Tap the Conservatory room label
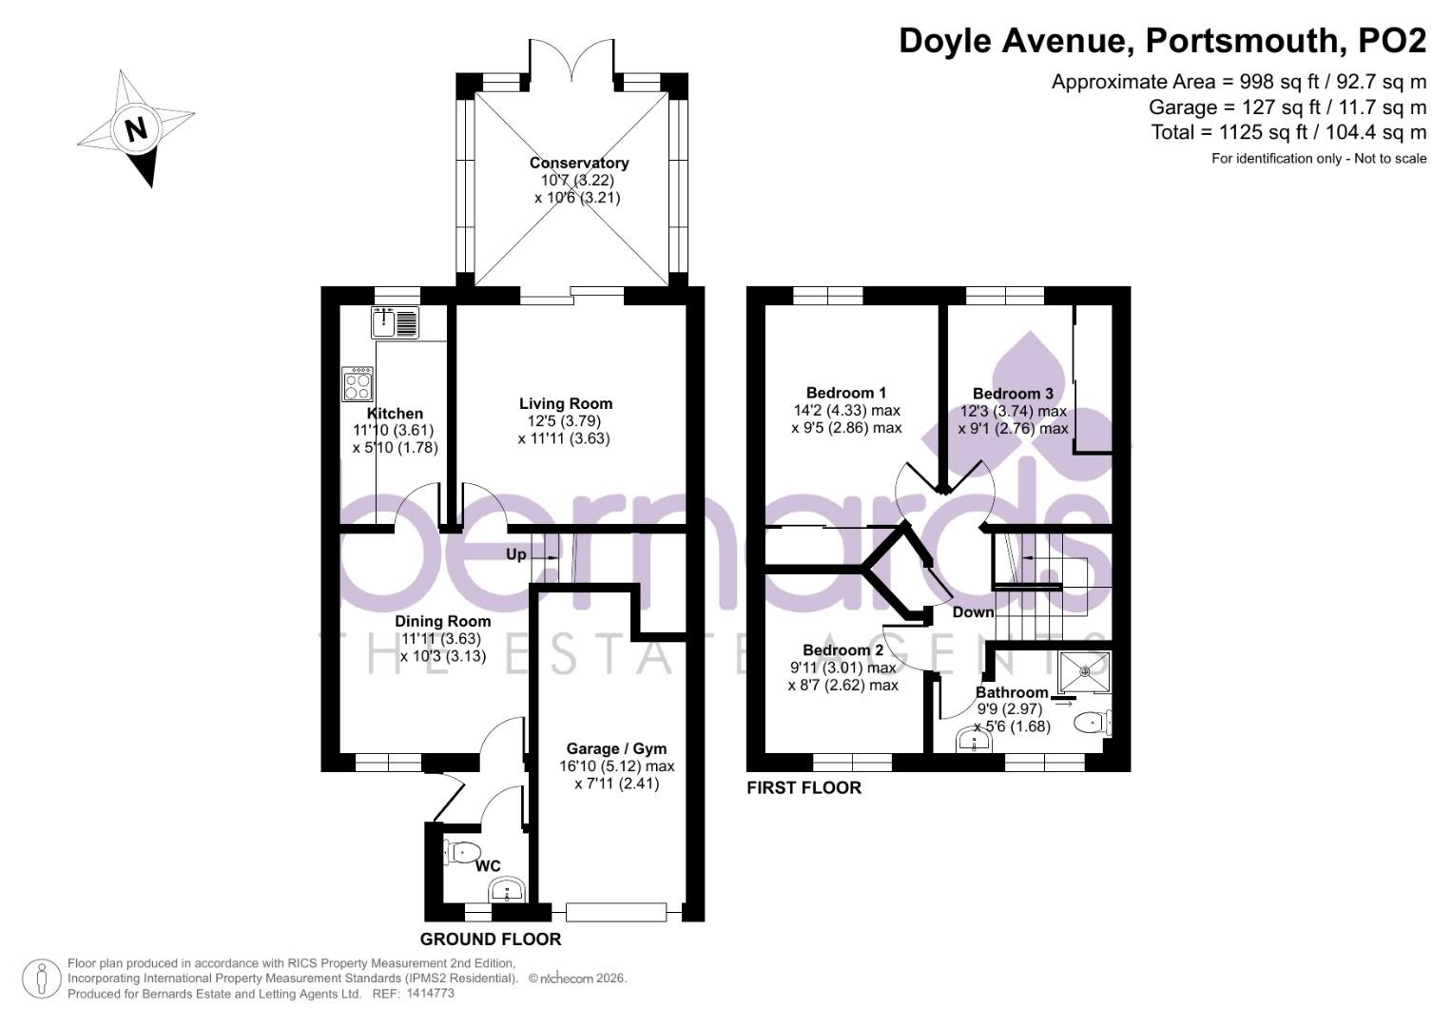pyautogui.click(x=578, y=163)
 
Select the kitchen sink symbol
pyautogui.click(x=395, y=322)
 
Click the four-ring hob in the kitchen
pyautogui.click(x=358, y=384)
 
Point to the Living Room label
pyautogui.click(x=565, y=403)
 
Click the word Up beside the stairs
pyautogui.click(x=515, y=554)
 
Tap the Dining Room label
pyautogui.click(x=443, y=621)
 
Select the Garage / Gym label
pyautogui.click(x=616, y=747)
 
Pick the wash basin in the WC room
pyautogui.click(x=507, y=892)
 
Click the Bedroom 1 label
pyautogui.click(x=845, y=393)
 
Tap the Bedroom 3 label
pyautogui.click(x=1012, y=394)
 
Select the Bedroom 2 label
pyautogui.click(x=842, y=649)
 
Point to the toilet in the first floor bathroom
pyautogui.click(x=1092, y=723)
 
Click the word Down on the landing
pyautogui.click(x=973, y=611)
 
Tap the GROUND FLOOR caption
pyautogui.click(x=491, y=940)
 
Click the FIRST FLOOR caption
pyautogui.click(x=803, y=787)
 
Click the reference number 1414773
pyautogui.click(x=430, y=993)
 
